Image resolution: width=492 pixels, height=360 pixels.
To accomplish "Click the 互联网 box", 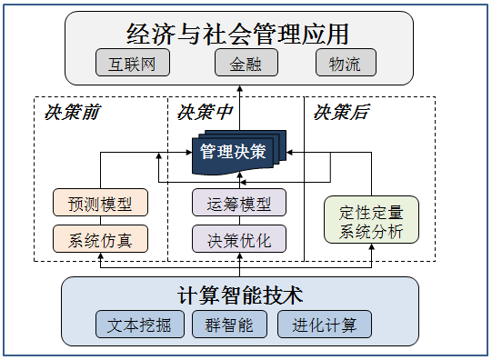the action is point(133,63).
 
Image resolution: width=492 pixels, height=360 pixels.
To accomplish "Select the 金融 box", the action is point(246,63).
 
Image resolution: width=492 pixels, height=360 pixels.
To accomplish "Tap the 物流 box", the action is point(346,63).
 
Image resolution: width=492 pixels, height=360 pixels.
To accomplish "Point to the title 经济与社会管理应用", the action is point(237,34).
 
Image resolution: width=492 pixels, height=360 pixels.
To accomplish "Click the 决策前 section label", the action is point(72,112).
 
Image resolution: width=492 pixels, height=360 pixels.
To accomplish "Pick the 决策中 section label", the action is point(205,112).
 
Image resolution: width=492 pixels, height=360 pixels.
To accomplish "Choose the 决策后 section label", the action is point(341,112).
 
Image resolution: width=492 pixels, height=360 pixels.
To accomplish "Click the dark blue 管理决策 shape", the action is point(239,153).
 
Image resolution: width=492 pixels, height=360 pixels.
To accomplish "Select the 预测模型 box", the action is point(100,202).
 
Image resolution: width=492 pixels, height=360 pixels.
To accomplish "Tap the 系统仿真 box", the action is point(100,239).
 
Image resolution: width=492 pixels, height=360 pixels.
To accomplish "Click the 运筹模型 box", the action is point(239,202).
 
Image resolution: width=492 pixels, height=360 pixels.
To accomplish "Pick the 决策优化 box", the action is point(239,239).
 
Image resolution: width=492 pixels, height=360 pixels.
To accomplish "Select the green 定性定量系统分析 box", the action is point(372,220).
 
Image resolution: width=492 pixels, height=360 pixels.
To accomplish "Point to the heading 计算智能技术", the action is point(240,295).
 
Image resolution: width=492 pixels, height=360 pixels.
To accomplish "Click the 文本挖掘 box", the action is point(140,325).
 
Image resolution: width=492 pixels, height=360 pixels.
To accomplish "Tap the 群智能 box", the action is point(229,325).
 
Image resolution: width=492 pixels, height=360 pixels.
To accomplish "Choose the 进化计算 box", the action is point(325,325).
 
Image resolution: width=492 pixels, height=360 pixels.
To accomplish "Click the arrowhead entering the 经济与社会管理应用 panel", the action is point(240,88).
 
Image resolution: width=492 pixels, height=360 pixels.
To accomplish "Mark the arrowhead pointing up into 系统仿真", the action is point(100,255).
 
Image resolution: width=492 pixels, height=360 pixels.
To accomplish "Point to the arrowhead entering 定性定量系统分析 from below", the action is point(372,246).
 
